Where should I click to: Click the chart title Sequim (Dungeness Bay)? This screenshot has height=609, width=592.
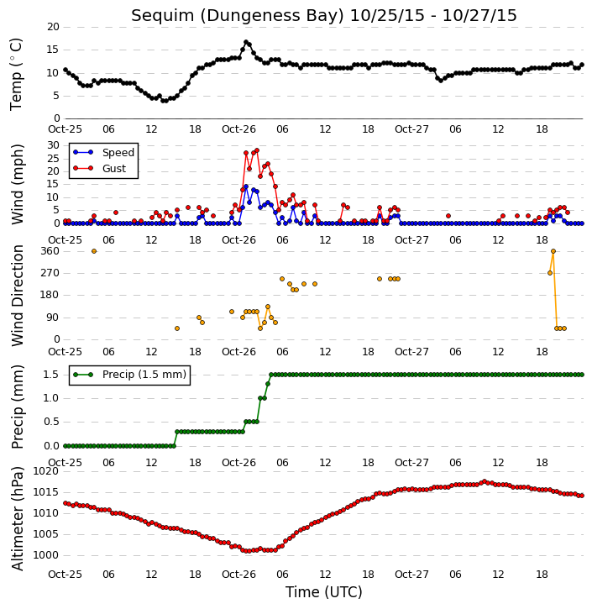coord(238,16)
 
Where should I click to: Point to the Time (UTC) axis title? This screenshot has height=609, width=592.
coord(324,592)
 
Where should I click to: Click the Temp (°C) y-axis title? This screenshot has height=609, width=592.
coord(16,74)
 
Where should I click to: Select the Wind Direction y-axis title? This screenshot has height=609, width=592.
coord(18,296)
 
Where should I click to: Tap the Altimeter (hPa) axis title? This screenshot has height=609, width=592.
coord(18,518)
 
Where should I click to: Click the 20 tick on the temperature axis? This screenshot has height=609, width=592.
coord(53,27)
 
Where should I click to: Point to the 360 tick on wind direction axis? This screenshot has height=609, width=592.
coord(50,251)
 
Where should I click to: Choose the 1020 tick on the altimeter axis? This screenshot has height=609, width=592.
coord(46,471)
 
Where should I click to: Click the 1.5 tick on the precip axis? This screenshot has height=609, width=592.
coord(51,375)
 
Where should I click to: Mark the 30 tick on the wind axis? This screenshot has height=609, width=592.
coord(53,145)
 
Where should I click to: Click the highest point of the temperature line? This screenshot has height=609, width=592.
coord(246,42)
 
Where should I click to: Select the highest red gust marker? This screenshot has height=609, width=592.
coord(257,150)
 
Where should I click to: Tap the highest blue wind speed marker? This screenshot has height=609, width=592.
coord(246,186)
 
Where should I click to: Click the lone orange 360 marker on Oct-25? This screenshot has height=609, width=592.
coord(94,251)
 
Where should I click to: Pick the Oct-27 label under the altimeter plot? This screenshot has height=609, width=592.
coord(411,574)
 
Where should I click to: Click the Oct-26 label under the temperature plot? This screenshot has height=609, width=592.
coord(238,129)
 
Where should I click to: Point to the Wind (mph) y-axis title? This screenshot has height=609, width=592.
coord(18,184)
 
